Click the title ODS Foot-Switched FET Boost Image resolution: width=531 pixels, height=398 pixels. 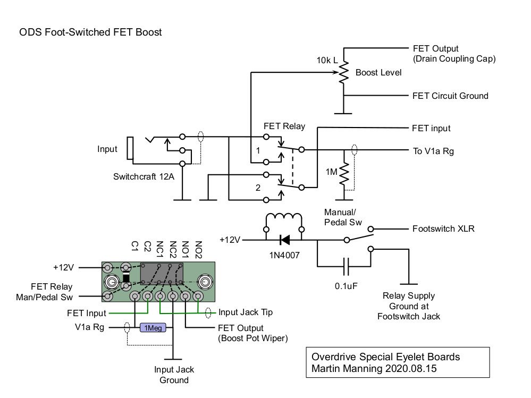pos(90,32)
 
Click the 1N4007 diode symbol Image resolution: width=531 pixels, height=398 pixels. pos(284,240)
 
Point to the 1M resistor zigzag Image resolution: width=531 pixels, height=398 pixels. pos(345,171)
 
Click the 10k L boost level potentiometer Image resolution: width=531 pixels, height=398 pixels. pos(344,72)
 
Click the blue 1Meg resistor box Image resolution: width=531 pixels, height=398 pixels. pos(153,328)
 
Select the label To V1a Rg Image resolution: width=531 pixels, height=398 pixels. pos(433,151)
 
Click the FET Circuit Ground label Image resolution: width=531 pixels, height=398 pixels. pos(450,96)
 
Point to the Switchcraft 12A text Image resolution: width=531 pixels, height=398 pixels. pos(144,176)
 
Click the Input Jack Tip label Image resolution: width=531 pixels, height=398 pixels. pos(245,312)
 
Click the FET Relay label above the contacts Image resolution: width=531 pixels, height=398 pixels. pos(284,126)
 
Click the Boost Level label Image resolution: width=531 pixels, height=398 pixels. pos(378,72)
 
